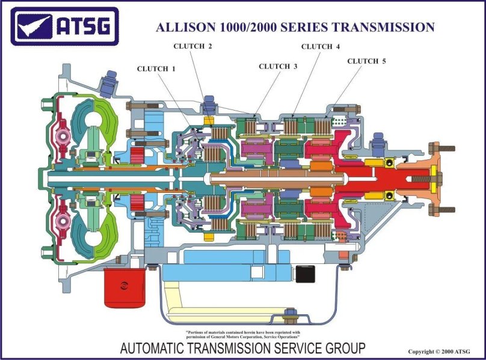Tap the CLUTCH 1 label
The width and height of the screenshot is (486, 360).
coord(156,69)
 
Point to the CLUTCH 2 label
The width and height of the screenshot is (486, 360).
coord(192,46)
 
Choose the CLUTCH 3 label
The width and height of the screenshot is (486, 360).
coord(278,66)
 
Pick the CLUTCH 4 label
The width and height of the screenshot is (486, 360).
coord(321,46)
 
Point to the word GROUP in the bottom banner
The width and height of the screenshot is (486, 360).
coord(343,347)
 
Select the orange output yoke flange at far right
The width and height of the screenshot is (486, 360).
coord(438,177)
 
